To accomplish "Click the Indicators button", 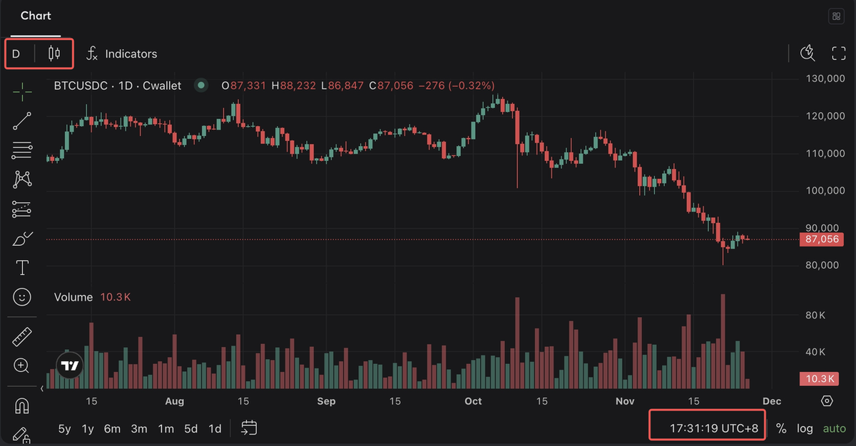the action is click(x=122, y=54).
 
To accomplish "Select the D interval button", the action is click(x=16, y=54).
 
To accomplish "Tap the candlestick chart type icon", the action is click(x=54, y=53).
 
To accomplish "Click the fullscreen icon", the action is click(x=839, y=53).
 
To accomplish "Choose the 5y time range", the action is click(x=65, y=429).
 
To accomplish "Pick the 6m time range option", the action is click(x=112, y=429).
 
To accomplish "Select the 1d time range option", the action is click(x=215, y=429).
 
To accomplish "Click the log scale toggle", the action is click(x=805, y=429).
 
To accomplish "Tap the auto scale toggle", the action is click(x=834, y=429).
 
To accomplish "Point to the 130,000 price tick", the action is click(x=825, y=78).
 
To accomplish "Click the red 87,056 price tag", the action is click(x=822, y=239).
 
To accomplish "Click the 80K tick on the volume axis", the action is click(x=815, y=315).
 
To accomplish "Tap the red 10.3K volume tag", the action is click(x=820, y=379).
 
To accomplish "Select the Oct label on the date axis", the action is click(x=473, y=401).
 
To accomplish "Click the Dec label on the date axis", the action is click(x=772, y=401).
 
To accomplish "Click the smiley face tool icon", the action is click(x=22, y=297).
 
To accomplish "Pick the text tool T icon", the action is click(x=22, y=267).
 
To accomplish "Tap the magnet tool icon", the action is click(x=22, y=406).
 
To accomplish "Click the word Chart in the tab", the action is click(x=36, y=16).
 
